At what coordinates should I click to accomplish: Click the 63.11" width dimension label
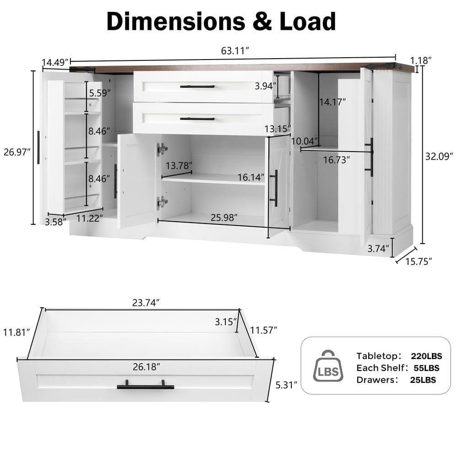click(x=235, y=51)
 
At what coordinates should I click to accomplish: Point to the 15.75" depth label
click(x=419, y=262)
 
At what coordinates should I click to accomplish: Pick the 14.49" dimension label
click(x=55, y=62)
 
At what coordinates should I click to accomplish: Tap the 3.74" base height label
click(x=379, y=249)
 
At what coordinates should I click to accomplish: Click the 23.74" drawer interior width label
click(x=143, y=303)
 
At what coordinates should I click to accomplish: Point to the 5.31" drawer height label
click(x=287, y=385)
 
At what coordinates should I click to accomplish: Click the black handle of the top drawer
click(x=197, y=86)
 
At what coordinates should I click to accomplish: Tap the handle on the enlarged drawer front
click(x=145, y=386)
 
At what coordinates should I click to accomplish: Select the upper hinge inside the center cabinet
click(x=162, y=149)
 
